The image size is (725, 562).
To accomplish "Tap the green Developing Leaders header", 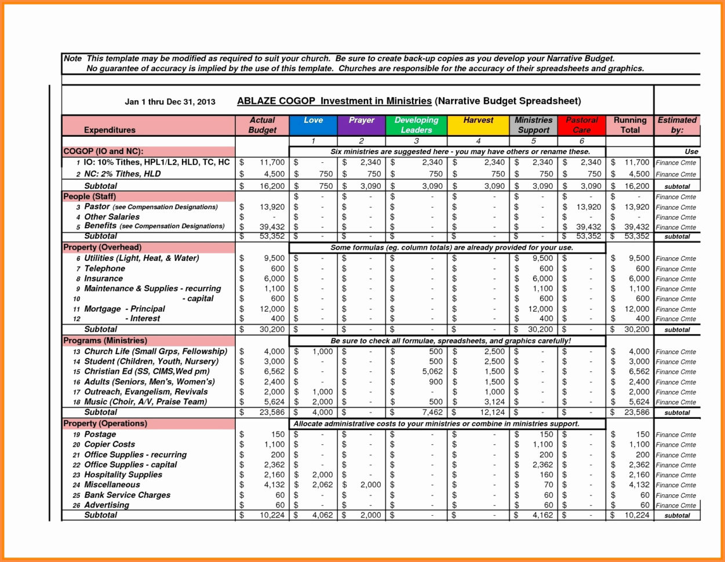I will pyautogui.click(x=416, y=125).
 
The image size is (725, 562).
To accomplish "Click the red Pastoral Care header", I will pyautogui.click(x=581, y=125).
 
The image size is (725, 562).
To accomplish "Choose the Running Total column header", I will pyautogui.click(x=629, y=125).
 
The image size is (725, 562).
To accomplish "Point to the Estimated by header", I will pyautogui.click(x=677, y=125).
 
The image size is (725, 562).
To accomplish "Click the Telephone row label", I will pyautogui.click(x=104, y=268).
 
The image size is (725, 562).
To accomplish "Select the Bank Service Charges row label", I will pyautogui.click(x=127, y=495).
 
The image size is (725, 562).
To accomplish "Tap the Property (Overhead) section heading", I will pyautogui.click(x=103, y=247).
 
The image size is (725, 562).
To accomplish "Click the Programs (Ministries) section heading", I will pyautogui.click(x=105, y=341).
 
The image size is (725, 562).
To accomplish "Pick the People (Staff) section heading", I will pyautogui.click(x=89, y=196).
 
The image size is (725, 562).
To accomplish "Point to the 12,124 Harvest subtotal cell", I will pyautogui.click(x=490, y=412).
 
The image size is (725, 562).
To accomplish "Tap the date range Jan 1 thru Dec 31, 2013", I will pyautogui.click(x=170, y=102).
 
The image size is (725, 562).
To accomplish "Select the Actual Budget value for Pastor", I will pyautogui.click(x=272, y=207).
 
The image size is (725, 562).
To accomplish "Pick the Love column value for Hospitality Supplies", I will pyautogui.click(x=322, y=475).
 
